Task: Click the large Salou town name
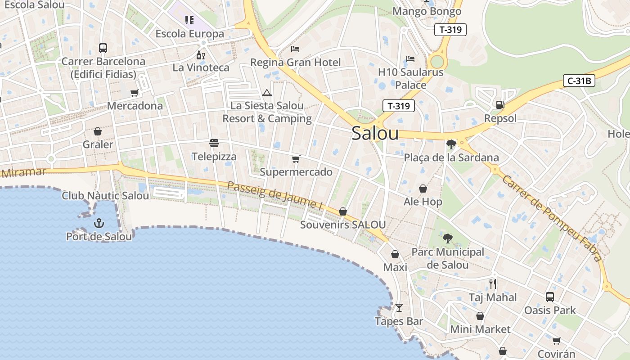pos(375,133)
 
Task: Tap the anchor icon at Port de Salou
pos(99,223)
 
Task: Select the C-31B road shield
pos(579,81)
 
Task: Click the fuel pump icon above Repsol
pos(500,105)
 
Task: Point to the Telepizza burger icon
pos(214,143)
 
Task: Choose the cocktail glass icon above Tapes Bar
pos(399,308)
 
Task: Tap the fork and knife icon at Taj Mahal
pos(493,283)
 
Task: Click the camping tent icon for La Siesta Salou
pos(267,93)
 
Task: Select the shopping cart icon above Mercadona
pos(134,93)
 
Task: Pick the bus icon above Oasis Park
pos(549,297)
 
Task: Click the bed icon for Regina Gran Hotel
pos(295,49)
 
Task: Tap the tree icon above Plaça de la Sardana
pos(451,144)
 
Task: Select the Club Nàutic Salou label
pos(105,196)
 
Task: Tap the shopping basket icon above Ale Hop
pos(423,188)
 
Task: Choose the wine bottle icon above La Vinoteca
pos(201,55)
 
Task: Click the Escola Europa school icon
pos(189,20)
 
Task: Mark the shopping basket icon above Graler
pos(98,131)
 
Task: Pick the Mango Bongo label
pos(427,11)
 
